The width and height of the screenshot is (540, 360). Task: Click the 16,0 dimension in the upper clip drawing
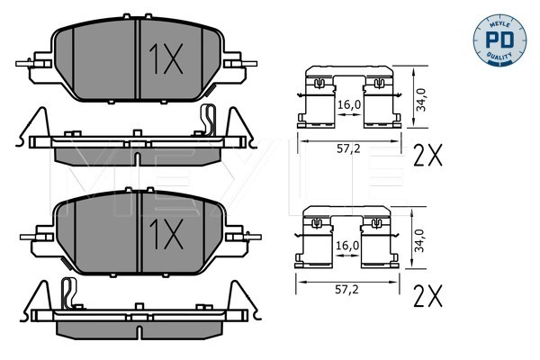coord(349,104)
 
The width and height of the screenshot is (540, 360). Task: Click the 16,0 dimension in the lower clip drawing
coord(349,245)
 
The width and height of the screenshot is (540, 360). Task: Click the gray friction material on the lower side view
coord(135,328)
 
